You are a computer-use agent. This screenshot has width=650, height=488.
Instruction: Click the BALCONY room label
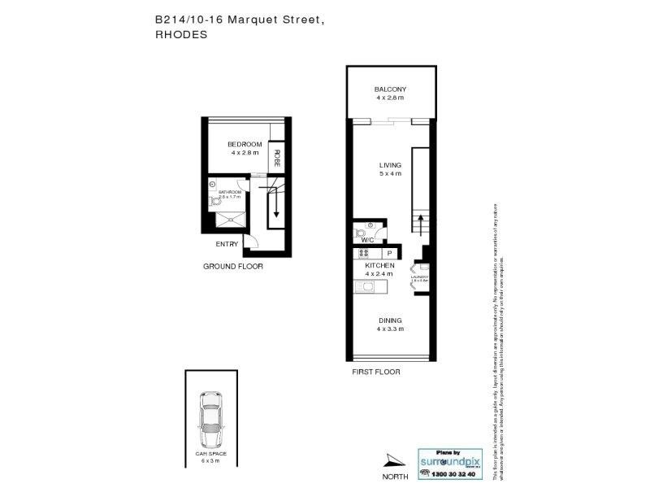coord(390,89)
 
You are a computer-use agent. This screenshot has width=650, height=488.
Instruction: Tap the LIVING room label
coord(390,165)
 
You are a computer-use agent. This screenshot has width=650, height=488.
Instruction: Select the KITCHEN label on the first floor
coord(380,266)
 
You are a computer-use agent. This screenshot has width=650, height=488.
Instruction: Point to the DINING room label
coord(390,320)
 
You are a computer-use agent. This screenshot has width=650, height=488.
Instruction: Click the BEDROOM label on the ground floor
coord(244,144)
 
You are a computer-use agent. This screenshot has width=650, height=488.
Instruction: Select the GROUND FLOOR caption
coord(233,266)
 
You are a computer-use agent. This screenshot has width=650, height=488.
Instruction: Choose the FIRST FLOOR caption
coord(376,372)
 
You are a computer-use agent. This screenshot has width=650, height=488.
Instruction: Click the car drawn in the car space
coord(210,416)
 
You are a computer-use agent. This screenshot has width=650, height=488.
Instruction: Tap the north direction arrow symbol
coord(392,460)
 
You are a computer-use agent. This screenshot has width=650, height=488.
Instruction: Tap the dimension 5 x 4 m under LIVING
coord(390,174)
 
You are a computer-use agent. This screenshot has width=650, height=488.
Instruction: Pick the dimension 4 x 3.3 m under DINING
coord(390,329)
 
